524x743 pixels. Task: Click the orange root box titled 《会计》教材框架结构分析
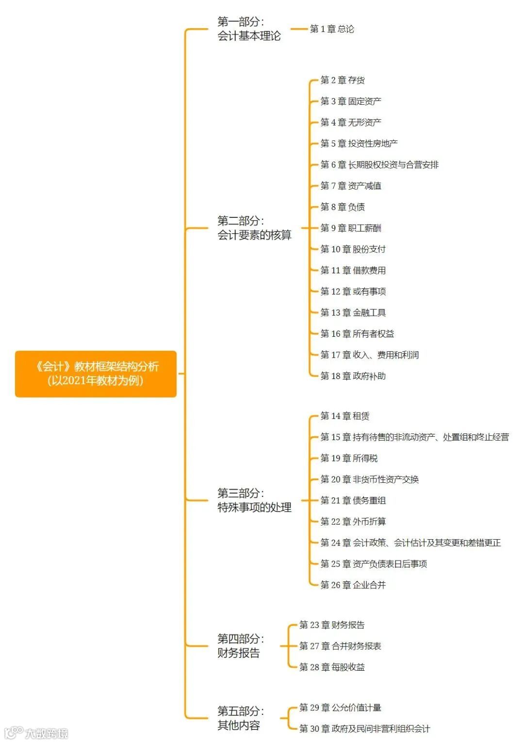[x=96, y=374]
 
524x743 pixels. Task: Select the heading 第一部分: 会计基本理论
[x=248, y=29]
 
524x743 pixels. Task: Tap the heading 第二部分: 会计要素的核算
[x=254, y=228]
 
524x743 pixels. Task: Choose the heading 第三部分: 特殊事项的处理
[x=254, y=500]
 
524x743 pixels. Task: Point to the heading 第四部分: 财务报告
[x=240, y=646]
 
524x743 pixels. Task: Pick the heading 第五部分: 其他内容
[x=240, y=718]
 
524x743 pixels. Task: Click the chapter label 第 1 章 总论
[x=332, y=29]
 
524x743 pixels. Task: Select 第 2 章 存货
[x=343, y=80]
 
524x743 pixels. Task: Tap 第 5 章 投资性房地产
[x=359, y=144]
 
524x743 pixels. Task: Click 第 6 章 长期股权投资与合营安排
[x=379, y=165]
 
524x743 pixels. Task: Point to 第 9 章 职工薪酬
[x=351, y=228]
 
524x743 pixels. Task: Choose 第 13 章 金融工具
[x=353, y=313]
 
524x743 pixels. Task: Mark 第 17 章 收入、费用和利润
[x=369, y=355]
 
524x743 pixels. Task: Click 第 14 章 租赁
[x=345, y=416]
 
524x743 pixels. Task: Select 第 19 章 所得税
[x=349, y=458]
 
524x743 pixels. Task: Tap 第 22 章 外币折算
[x=353, y=522]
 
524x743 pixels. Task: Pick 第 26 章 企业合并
[x=353, y=585]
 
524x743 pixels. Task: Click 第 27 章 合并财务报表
[x=340, y=646]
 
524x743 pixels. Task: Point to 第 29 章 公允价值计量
[x=340, y=708]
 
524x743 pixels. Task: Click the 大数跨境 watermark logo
[x=36, y=733]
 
